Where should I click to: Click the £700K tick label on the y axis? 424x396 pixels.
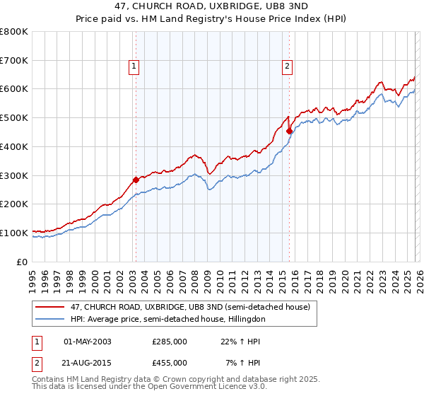click(14, 60)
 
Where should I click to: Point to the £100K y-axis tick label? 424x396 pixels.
click(14, 233)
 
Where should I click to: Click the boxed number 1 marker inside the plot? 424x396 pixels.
click(134, 67)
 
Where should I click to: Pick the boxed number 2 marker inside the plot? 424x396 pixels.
click(288, 67)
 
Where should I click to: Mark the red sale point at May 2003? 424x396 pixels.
click(136, 180)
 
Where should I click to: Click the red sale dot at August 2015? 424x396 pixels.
click(289, 131)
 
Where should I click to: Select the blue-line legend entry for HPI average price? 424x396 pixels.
click(167, 320)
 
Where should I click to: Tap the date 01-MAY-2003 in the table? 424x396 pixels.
click(88, 342)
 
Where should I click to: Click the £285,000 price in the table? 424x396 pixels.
click(170, 342)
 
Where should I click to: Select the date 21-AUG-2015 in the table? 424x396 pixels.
click(88, 363)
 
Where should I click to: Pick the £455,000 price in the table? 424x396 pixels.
click(170, 363)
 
